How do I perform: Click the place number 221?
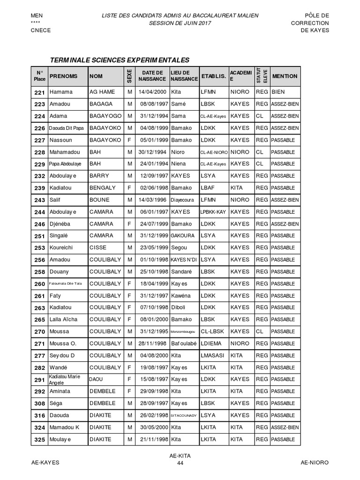39,92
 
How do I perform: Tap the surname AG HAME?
102,92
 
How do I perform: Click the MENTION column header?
285,76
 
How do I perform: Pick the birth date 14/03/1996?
153,200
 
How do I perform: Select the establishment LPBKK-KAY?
213,212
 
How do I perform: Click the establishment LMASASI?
212,355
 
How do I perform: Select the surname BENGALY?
102,187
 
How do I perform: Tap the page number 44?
180,463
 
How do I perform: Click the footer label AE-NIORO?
315,462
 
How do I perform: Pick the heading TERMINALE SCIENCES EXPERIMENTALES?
120,60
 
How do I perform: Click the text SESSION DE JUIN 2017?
180,23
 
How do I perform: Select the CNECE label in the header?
41,30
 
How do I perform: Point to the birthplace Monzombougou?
184,331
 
